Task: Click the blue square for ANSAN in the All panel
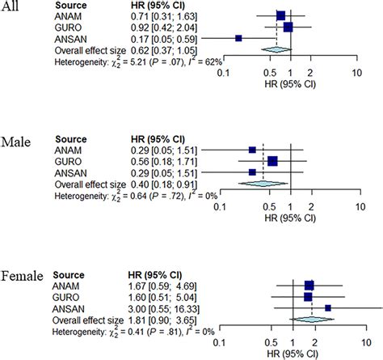click(x=238, y=38)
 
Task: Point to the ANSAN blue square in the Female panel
click(x=327, y=307)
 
